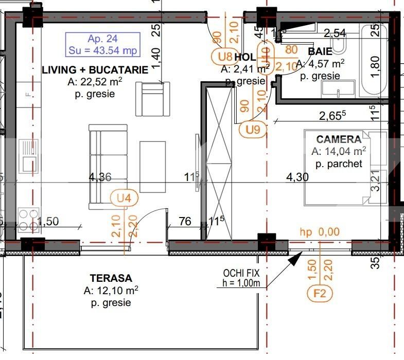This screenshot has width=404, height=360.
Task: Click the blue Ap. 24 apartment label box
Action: (x=102, y=44)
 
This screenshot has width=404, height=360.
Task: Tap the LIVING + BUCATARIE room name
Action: (x=95, y=70)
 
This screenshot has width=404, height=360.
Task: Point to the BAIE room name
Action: (x=320, y=51)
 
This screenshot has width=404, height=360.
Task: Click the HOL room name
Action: (x=244, y=58)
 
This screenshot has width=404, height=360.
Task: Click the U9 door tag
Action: (x=252, y=130)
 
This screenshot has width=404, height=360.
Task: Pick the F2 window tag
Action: (x=320, y=294)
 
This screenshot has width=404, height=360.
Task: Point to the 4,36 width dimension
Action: (x=100, y=177)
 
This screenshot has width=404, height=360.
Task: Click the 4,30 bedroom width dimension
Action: (x=297, y=177)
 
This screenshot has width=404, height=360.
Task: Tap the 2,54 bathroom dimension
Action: (x=335, y=34)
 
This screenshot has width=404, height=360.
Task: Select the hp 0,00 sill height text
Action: (x=320, y=232)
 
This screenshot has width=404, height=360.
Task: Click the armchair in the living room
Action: (x=152, y=98)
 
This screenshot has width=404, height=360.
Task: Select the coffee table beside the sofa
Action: (x=153, y=167)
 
